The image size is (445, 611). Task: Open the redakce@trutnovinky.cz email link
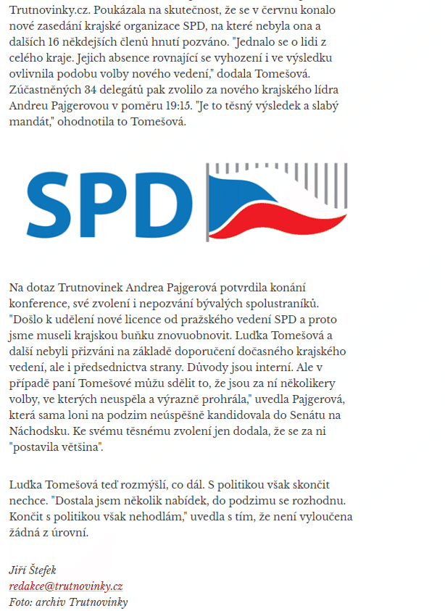tap(66, 586)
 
